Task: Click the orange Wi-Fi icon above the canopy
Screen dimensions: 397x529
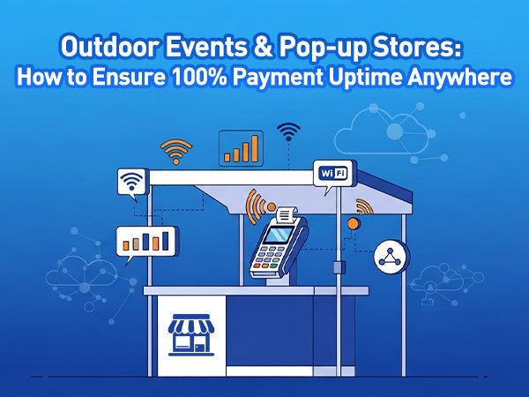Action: click(x=176, y=153)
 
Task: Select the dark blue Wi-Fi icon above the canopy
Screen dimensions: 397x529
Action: click(x=288, y=132)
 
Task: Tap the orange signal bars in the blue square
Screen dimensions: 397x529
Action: click(x=241, y=148)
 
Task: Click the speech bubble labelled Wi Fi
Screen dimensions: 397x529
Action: click(x=332, y=173)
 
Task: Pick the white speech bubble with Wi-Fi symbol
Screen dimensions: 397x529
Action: click(x=131, y=183)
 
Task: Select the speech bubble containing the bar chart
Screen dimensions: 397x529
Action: click(x=145, y=241)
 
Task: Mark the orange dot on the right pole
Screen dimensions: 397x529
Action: click(x=354, y=223)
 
